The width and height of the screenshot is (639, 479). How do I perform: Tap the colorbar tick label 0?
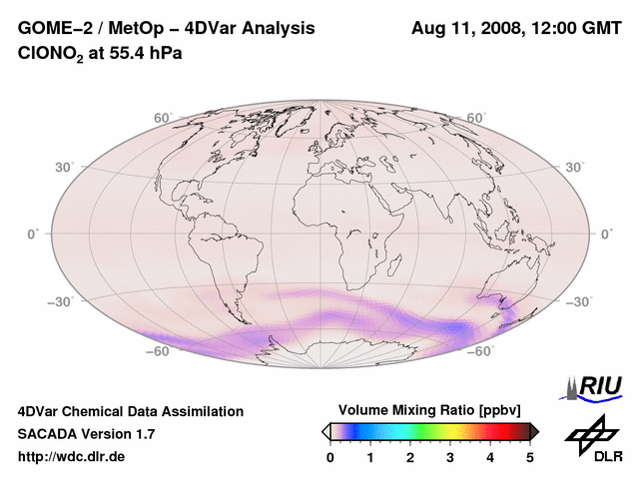tap(330, 458)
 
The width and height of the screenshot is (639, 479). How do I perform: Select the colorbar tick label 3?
tap(450, 458)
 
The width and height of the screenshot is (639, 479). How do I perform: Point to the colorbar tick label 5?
tap(530, 458)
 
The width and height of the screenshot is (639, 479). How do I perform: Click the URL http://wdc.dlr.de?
tap(73, 457)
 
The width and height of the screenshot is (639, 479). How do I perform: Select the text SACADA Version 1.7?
tap(86, 434)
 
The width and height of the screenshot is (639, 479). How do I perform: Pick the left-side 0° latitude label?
tap(32, 234)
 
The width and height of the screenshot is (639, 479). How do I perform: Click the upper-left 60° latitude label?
tap(162, 118)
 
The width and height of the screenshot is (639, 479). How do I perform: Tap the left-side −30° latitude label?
tap(62, 301)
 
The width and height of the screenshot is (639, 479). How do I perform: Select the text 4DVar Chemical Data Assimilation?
tap(130, 411)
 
